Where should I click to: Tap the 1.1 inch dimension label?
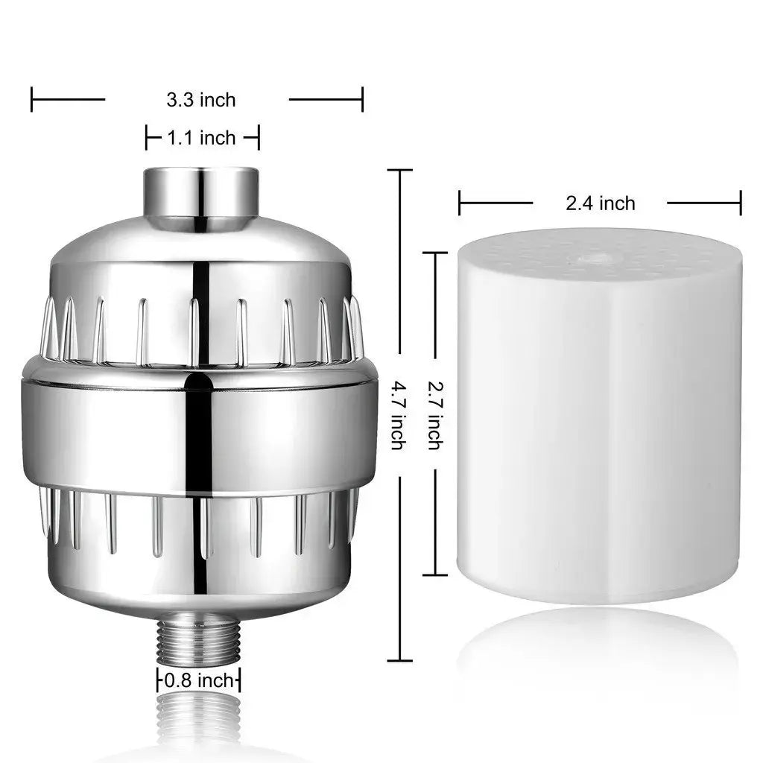201,138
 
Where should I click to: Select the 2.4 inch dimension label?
600,203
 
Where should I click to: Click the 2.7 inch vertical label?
434,415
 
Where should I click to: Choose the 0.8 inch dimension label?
198,680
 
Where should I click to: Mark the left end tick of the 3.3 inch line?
32,99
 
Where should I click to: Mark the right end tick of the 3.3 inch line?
362,99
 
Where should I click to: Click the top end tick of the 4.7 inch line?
399,171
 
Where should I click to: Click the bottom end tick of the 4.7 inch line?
399,660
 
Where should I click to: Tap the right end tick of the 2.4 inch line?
741,203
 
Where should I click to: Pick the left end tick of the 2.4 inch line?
460,203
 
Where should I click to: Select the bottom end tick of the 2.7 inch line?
435,574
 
